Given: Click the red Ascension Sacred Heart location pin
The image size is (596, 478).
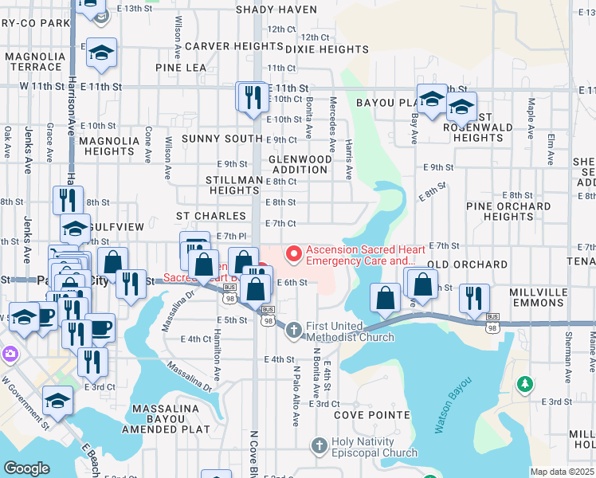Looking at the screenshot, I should click(294, 254).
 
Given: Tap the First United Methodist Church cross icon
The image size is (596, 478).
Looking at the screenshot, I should click(293, 329).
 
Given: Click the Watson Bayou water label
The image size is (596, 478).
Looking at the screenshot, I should click(450, 405).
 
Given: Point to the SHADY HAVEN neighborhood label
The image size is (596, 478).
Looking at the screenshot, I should click(276, 10).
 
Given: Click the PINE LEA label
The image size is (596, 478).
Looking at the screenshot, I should click(181, 69).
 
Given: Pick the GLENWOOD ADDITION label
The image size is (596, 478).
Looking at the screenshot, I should click(300, 164).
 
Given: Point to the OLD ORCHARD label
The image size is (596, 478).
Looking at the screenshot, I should click(467, 264).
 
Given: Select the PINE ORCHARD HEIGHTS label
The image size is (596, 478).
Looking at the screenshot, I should click(499, 211).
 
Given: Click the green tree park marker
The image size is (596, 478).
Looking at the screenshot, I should click(524, 386).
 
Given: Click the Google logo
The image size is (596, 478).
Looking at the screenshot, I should click(26, 468).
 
